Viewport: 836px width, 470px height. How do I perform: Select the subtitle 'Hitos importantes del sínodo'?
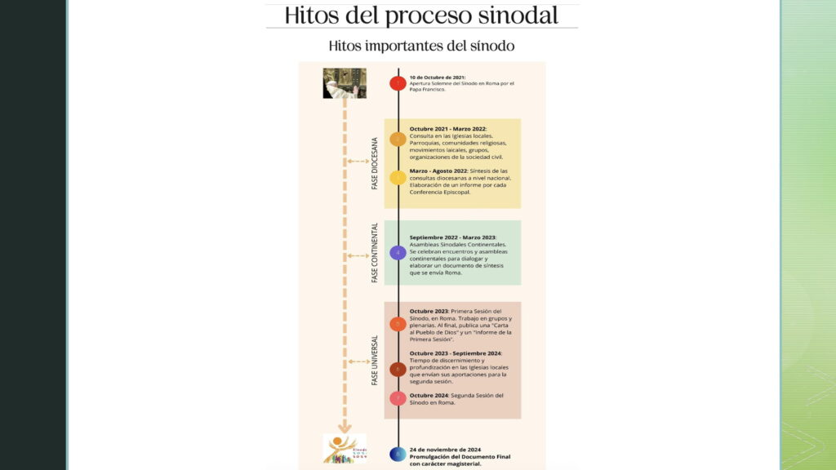pyautogui.click(x=421, y=46)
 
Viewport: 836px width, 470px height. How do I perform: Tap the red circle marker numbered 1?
pyautogui.click(x=398, y=82)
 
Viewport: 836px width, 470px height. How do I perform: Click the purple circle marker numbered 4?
pyautogui.click(x=398, y=253)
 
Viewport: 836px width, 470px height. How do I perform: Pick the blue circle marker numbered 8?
pyautogui.click(x=398, y=454)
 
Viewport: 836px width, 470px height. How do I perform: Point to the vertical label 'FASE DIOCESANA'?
pyautogui.click(x=375, y=163)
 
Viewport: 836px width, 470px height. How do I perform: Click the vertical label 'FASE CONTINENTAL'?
pyautogui.click(x=375, y=253)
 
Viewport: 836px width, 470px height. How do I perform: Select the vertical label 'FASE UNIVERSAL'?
pyautogui.click(x=375, y=360)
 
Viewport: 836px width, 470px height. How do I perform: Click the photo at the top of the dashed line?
pyautogui.click(x=345, y=83)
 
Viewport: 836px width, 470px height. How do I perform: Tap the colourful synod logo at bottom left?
pyautogui.click(x=345, y=449)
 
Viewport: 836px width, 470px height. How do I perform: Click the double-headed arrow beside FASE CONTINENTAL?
pyautogui.click(x=358, y=255)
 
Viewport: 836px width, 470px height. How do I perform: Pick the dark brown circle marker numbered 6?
pyautogui.click(x=398, y=369)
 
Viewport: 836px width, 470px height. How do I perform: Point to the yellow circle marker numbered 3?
pyautogui.click(x=398, y=177)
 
